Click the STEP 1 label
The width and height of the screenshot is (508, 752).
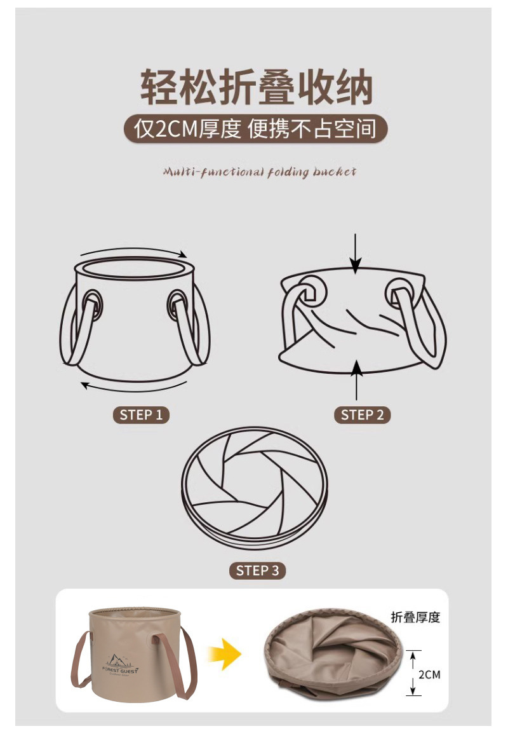coord(141,415)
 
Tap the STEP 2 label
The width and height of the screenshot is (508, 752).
coord(362,415)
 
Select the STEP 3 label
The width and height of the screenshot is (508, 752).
coord(257,570)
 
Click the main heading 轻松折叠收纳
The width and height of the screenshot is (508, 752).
coord(255,88)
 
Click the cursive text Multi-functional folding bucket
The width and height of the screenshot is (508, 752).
coord(259,172)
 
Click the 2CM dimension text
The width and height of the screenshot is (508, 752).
coord(429,674)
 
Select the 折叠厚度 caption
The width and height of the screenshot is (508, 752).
coord(415,617)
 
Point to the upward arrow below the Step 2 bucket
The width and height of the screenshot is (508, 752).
coord(357,379)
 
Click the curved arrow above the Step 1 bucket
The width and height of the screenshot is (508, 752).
coord(133,250)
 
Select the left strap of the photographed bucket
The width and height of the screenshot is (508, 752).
coord(80,661)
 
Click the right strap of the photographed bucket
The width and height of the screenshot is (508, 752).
coord(187,661)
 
